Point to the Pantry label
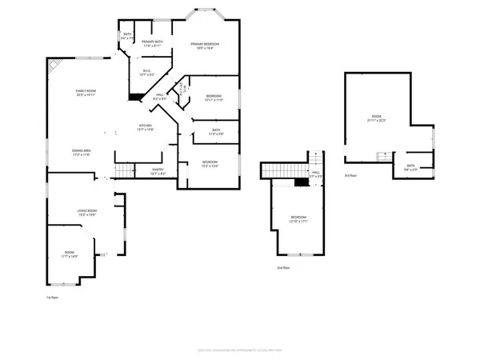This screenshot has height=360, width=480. click(x=158, y=170)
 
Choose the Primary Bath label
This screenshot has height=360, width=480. click(x=152, y=44)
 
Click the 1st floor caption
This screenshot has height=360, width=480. click(x=53, y=298)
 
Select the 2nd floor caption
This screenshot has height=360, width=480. click(x=282, y=268)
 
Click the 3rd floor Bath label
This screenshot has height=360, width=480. click(x=410, y=168)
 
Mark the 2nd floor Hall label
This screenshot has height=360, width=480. click(x=316, y=174)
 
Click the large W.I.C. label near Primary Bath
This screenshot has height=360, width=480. click(x=148, y=73)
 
